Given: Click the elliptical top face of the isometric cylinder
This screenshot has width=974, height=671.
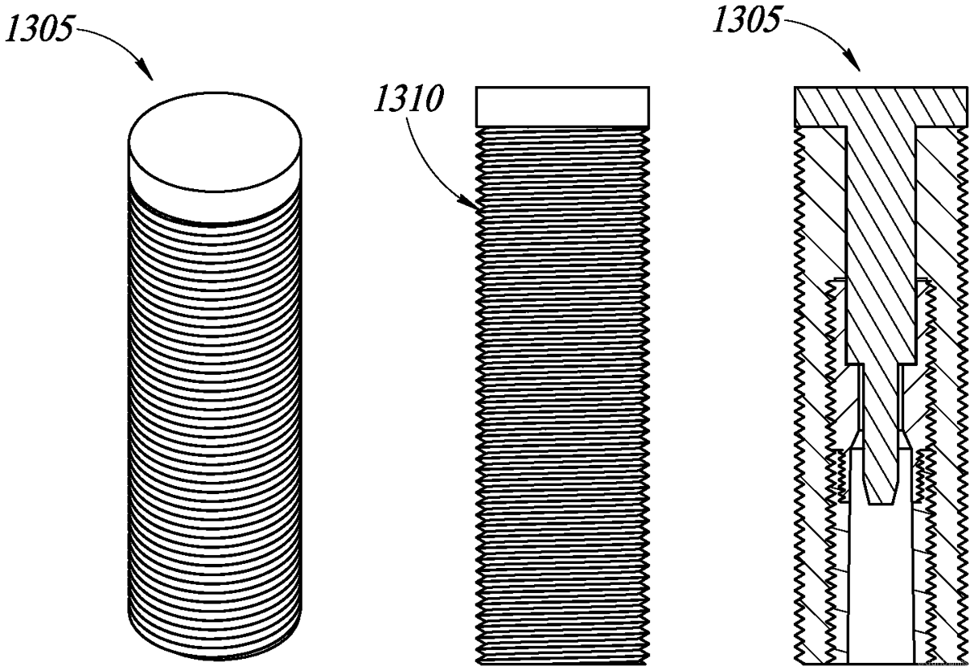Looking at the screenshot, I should coord(215,133).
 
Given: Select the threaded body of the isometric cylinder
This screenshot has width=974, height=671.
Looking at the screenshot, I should coord(215,406).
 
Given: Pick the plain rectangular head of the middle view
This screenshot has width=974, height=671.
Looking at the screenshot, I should coord(562,105).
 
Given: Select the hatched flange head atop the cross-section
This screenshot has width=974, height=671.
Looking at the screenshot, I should coord(881,106).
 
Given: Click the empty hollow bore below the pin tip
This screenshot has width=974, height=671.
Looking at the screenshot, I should coord(881,584).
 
